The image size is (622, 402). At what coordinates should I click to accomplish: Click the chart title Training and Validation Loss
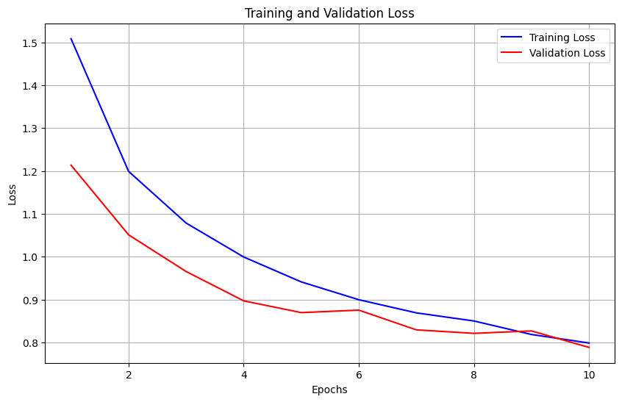pyautogui.click(x=329, y=13)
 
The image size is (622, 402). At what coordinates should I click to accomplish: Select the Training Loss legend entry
pyautogui.click(x=562, y=37)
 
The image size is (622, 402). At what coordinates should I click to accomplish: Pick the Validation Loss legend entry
pyautogui.click(x=567, y=53)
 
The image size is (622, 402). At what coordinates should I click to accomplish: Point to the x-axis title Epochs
pyautogui.click(x=329, y=390)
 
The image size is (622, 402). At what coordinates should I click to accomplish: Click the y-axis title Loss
pyautogui.click(x=12, y=193)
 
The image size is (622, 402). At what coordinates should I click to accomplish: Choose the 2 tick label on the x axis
pyautogui.click(x=129, y=374)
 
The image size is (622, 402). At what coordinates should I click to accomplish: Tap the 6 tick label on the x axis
pyautogui.click(x=359, y=374)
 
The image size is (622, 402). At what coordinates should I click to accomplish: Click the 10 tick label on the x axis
pyautogui.click(x=588, y=374)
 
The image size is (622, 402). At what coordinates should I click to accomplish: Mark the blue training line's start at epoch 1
pyautogui.click(x=71, y=39)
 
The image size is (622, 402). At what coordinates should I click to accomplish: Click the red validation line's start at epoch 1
pyautogui.click(x=71, y=165)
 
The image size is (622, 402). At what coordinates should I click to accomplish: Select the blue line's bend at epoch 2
pyautogui.click(x=129, y=171)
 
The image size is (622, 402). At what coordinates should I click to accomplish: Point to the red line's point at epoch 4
pyautogui.click(x=243, y=301)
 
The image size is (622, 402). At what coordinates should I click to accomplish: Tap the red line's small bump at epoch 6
pyautogui.click(x=359, y=310)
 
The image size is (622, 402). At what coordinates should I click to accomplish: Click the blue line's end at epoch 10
pyautogui.click(x=588, y=343)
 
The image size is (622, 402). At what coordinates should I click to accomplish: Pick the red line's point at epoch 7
pyautogui.click(x=416, y=330)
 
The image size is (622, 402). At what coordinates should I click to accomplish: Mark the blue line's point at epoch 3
pyautogui.click(x=186, y=223)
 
